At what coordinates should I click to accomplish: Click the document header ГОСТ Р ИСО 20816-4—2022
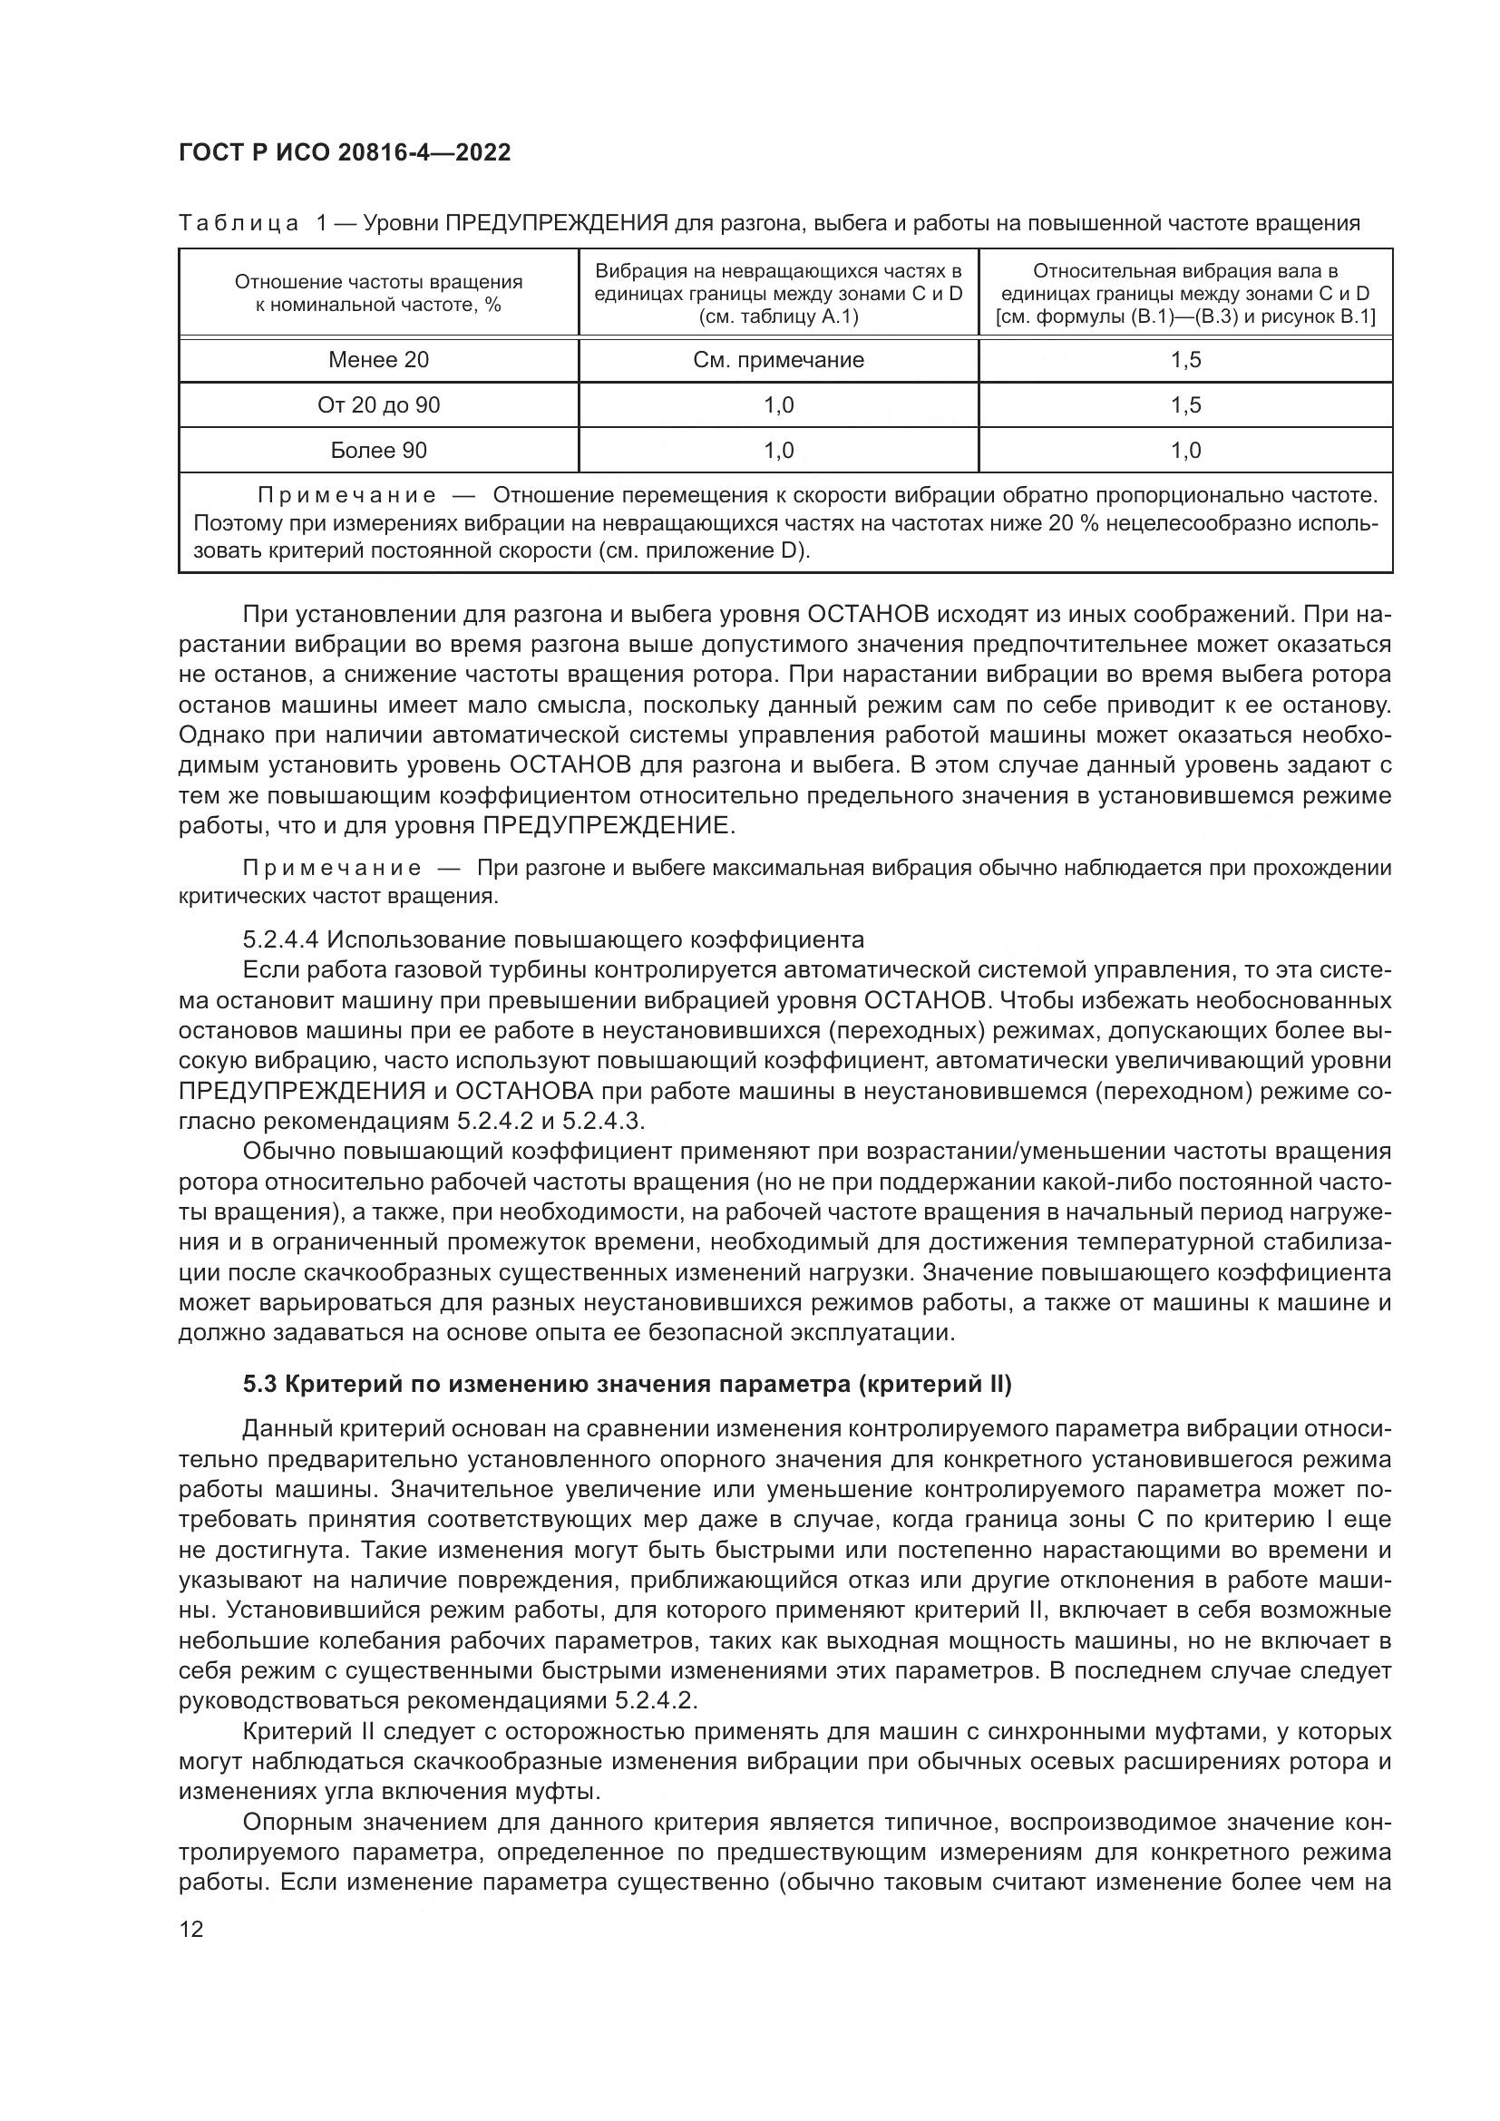(x=344, y=152)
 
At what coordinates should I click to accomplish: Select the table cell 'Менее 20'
(x=379, y=360)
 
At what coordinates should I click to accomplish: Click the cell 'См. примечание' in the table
(x=779, y=360)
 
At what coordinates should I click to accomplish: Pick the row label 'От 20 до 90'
(x=379, y=404)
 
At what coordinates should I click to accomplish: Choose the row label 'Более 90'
(x=379, y=450)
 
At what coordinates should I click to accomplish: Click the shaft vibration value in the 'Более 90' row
(x=1185, y=450)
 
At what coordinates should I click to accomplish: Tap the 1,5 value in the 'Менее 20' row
(x=1185, y=360)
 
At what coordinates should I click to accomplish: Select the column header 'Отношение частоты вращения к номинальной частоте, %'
(x=379, y=293)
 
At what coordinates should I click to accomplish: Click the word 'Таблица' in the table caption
(x=238, y=223)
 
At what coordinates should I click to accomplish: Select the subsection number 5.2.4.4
(x=280, y=940)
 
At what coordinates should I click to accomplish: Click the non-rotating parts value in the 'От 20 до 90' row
(x=779, y=404)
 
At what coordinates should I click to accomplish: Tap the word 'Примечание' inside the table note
(x=346, y=495)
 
